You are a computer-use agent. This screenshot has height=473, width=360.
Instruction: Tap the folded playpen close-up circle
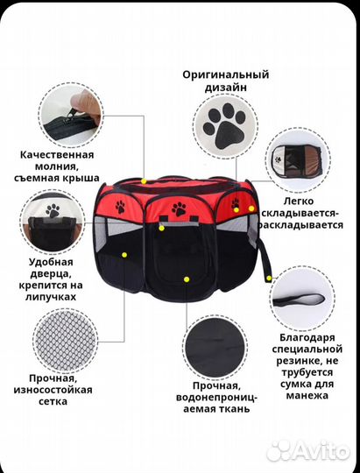tap(300, 163)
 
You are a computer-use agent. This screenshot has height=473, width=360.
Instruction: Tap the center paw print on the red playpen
tap(180, 209)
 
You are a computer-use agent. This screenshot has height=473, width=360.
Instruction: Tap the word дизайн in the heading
tap(225, 88)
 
